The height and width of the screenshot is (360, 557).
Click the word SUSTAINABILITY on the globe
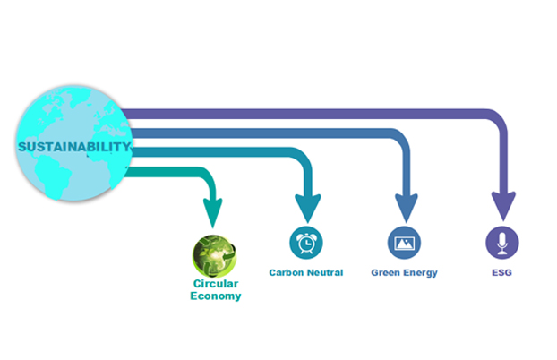pyautogui.click(x=74, y=146)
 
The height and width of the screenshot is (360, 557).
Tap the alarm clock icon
pyautogui.click(x=306, y=243)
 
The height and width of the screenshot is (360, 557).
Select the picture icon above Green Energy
pyautogui.click(x=404, y=243)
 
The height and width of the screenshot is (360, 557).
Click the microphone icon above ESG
pyautogui.click(x=502, y=243)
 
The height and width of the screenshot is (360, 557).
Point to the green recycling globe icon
pyautogui.click(x=214, y=256)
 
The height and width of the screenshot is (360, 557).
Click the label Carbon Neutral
pyautogui.click(x=306, y=272)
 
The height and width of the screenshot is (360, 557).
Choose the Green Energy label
pyautogui.click(x=404, y=272)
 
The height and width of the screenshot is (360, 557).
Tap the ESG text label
pyautogui.click(x=501, y=272)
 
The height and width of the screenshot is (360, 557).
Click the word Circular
pyautogui.click(x=216, y=284)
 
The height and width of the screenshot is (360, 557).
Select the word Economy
pyautogui.click(x=216, y=296)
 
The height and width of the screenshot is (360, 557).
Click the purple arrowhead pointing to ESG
pyautogui.click(x=503, y=205)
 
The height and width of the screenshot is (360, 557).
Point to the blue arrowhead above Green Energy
pyautogui.click(x=406, y=208)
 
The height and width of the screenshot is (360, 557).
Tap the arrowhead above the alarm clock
pyautogui.click(x=308, y=208)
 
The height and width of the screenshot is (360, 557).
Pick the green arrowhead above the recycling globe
pyautogui.click(x=213, y=212)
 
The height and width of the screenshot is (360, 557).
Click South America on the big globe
pyautogui.click(x=54, y=176)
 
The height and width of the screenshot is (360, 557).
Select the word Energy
pyautogui.click(x=421, y=273)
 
